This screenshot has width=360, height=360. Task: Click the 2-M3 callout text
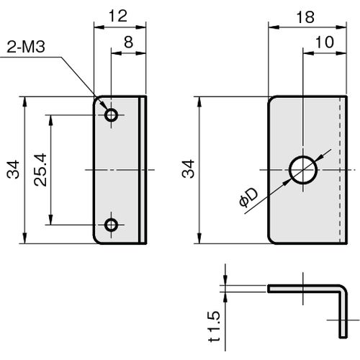(26, 47)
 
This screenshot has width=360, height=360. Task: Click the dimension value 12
(118, 17)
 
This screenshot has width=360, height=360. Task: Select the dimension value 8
(129, 42)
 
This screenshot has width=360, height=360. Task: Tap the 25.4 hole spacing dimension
(40, 170)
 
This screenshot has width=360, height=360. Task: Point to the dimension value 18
(305, 17)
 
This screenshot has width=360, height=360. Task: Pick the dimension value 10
(325, 42)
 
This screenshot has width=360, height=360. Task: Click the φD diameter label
(248, 197)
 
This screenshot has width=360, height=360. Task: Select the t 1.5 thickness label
(213, 326)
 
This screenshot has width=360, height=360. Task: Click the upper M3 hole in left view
(111, 115)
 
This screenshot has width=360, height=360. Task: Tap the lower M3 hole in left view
(111, 225)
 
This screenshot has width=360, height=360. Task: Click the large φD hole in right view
(303, 170)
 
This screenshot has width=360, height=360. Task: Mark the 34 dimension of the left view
(13, 169)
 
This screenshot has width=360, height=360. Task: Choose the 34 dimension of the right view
(188, 169)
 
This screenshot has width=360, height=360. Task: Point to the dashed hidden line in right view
(340, 170)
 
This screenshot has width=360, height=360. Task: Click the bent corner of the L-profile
(343, 289)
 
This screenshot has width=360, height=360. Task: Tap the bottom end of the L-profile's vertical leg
(343, 337)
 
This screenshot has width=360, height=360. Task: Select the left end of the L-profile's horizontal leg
(269, 289)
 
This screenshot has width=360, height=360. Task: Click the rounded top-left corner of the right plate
(271, 99)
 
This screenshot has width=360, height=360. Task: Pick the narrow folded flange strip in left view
(143, 170)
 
